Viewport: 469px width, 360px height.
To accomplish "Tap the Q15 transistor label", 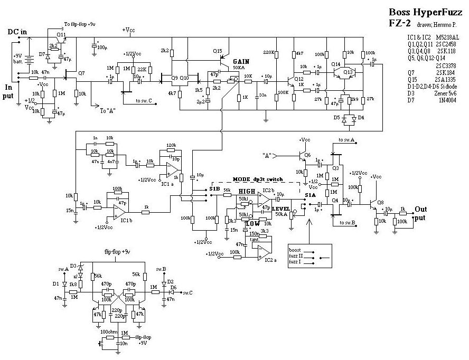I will (218, 51).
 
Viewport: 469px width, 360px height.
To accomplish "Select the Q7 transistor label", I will (81, 72).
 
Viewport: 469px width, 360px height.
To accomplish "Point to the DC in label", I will (17, 32).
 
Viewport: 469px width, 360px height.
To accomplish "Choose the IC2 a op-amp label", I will (270, 260).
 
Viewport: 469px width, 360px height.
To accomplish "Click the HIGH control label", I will (247, 192).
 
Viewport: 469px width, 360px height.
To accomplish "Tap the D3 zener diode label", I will (74, 266).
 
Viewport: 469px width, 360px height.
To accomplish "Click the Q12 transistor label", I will (299, 79).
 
